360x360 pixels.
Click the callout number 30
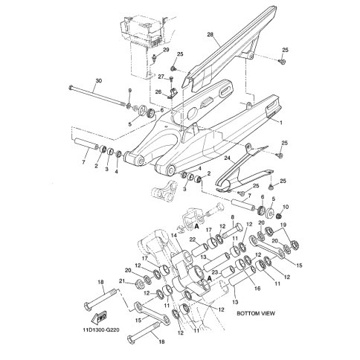pos(99,80)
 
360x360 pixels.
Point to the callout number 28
pos(210,34)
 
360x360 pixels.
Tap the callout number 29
pos(166,50)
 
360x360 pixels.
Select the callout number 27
pos(161,77)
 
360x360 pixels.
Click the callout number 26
pos(158,92)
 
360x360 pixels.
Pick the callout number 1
pos(281,123)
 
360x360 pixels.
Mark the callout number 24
pos(228,158)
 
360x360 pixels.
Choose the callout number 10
pos(286,207)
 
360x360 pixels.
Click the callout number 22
pos(193,239)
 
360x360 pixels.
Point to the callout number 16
pos(257,289)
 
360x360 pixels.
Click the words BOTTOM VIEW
pos(256,313)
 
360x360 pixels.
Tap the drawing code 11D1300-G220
pos(101,330)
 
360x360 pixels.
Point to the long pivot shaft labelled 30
pos(97,96)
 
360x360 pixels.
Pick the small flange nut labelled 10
pos(279,216)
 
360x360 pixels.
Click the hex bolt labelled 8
pos(232,231)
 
